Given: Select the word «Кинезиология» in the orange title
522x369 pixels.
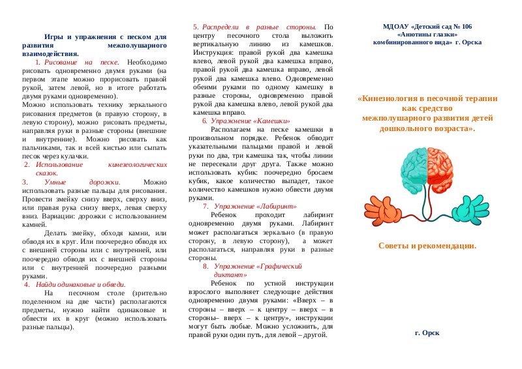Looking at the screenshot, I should pos(389,99).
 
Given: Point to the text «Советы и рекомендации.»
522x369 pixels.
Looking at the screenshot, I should pos(427,246).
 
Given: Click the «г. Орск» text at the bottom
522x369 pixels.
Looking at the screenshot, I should pos(427,332).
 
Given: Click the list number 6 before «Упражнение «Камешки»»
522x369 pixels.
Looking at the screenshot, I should pos(204,121).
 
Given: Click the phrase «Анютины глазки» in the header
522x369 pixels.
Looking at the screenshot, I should pos(427,34).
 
